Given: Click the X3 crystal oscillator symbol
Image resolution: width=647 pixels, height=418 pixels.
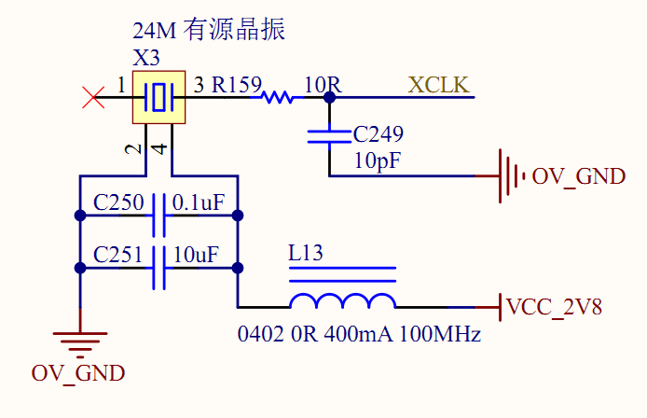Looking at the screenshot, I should tap(160, 97).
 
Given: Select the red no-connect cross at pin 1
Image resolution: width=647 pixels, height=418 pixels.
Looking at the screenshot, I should tap(93, 97).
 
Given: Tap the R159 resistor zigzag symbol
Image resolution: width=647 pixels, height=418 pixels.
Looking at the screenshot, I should tap(278, 97).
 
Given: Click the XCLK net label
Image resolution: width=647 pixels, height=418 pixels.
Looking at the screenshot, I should tap(439, 86).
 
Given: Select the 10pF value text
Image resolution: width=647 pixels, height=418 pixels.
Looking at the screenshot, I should tap(378, 160).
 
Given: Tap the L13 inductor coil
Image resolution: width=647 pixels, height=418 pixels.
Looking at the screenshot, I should tap(342, 300).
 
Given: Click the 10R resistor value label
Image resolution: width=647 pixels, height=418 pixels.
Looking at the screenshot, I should tap(323, 86).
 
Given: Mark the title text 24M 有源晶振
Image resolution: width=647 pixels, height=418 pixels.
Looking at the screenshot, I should tap(209, 31).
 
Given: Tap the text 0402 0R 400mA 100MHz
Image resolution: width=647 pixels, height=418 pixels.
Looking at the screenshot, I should tap(359, 333).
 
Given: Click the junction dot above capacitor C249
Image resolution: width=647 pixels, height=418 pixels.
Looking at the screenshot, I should tap(329, 97).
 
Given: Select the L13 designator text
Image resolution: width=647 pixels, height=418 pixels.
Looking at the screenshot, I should tap(307, 253).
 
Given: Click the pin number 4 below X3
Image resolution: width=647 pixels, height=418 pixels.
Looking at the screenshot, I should tap(159, 148).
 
